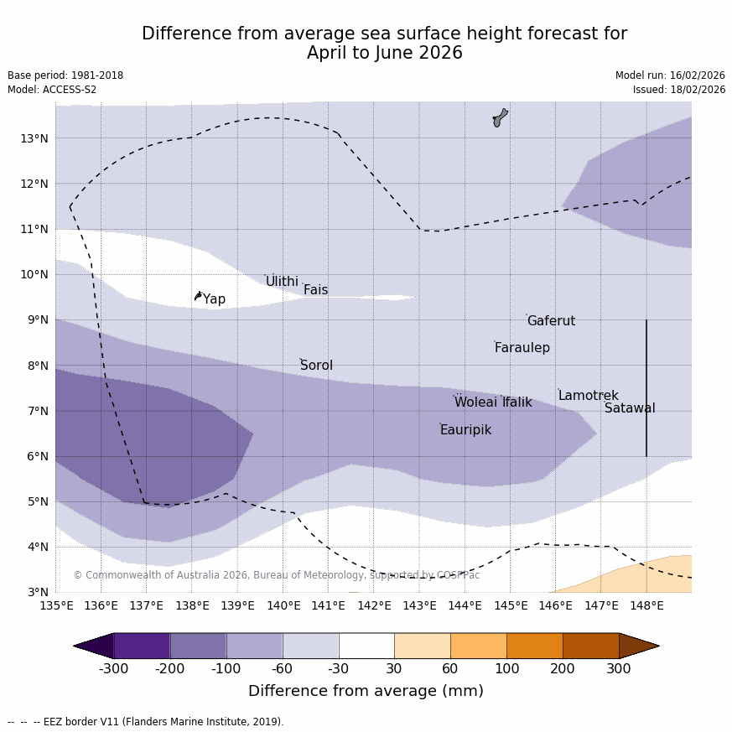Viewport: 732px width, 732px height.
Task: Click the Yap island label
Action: point(214,299)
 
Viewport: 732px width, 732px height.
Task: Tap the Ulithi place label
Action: point(282,282)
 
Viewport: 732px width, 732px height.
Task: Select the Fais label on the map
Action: point(315,290)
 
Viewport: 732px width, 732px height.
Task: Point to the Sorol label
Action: point(316,366)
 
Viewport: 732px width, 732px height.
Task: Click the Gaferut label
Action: point(551,321)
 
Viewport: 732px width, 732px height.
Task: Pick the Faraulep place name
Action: point(522,348)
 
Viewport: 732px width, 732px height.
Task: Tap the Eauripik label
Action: point(465,430)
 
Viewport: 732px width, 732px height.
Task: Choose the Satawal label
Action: point(630,408)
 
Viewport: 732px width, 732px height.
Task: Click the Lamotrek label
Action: point(588,396)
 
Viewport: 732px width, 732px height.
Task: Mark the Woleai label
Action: point(475,402)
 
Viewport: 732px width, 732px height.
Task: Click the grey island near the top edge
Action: point(500,117)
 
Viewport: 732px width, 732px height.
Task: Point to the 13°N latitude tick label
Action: point(34,138)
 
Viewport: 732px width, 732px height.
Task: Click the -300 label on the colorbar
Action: point(113,668)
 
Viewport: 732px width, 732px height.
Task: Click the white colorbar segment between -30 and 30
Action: point(366,646)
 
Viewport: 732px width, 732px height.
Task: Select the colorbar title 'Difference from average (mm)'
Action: point(366,692)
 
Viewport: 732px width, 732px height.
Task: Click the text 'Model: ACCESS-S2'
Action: point(52,90)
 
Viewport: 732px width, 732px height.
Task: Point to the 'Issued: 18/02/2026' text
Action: point(679,90)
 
